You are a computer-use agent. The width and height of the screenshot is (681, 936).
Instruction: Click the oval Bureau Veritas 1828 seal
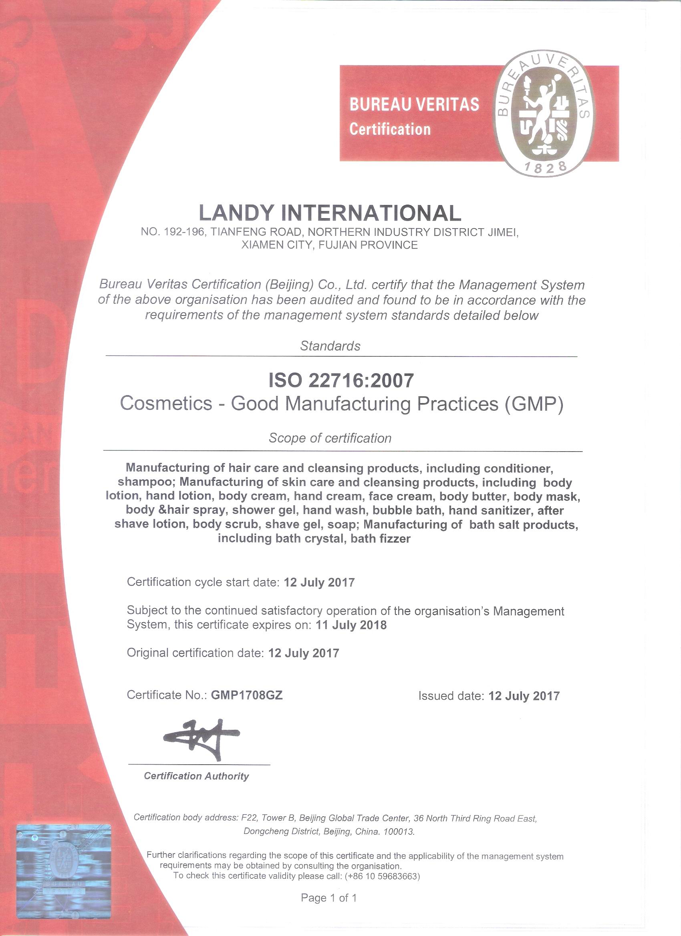point(544,113)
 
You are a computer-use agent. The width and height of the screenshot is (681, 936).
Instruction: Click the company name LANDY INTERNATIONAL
point(330,213)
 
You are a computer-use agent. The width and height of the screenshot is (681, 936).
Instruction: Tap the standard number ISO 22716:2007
point(341,380)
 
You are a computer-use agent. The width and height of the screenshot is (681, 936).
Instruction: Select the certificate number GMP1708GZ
point(246,695)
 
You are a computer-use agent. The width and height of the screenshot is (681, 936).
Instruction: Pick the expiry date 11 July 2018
point(351,625)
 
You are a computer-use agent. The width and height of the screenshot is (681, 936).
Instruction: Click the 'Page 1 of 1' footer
point(329,897)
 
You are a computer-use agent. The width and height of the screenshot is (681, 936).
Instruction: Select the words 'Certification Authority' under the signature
point(196,776)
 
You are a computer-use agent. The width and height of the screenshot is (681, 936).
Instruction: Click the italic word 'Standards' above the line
point(330,346)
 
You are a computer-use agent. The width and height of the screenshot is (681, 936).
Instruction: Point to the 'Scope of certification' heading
point(330,438)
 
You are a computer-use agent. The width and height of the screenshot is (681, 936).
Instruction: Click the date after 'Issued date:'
point(524,696)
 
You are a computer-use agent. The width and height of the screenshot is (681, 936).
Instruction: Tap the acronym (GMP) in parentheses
point(534,404)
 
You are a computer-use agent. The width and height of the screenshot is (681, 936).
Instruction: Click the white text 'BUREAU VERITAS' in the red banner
point(414,104)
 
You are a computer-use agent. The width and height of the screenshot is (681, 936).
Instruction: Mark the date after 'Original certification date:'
point(304,653)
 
